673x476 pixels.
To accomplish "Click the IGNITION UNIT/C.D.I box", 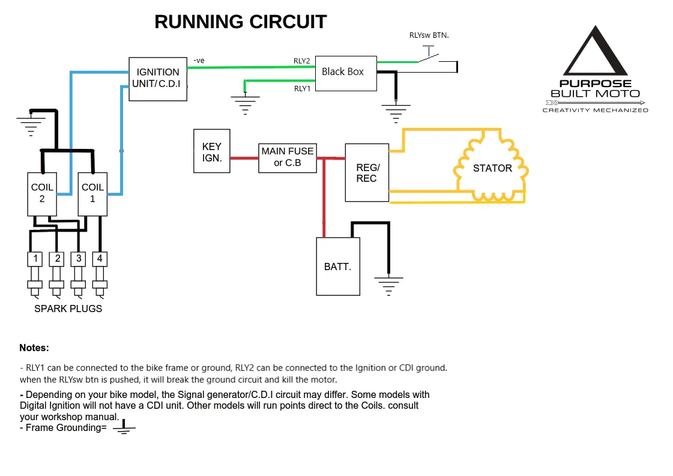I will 158,79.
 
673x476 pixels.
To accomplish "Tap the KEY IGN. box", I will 211,151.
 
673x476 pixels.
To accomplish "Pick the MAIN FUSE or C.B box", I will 287,157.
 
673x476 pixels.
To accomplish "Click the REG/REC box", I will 367,173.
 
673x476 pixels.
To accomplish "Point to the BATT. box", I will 338,267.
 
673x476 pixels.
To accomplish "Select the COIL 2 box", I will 42,194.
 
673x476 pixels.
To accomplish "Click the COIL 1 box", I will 92,194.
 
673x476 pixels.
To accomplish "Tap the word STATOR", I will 492,168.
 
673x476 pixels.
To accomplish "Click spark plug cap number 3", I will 78,259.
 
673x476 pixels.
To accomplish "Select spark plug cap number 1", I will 36,259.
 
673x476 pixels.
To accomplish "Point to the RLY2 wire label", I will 301,61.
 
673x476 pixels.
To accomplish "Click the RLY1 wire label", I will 301,88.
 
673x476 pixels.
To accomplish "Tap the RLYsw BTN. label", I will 429,35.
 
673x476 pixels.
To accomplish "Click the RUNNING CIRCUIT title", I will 240,22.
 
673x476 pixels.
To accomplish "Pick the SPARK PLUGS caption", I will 68,309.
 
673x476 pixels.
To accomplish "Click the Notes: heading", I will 34,348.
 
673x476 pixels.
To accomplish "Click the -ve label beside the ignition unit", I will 199,60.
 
